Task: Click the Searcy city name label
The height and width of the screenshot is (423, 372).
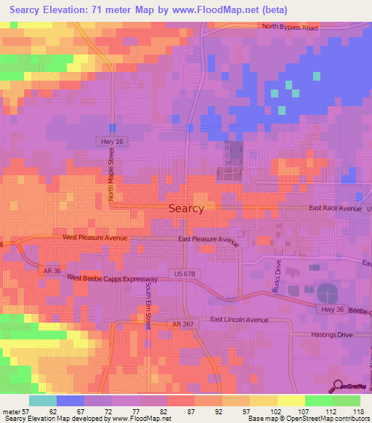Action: (186, 208)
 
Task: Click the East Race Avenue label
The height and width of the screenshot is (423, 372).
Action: (334, 208)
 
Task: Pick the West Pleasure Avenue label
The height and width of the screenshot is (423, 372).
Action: (95, 238)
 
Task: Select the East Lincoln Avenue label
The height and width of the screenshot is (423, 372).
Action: (240, 320)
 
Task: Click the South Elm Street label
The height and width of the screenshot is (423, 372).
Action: (147, 307)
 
